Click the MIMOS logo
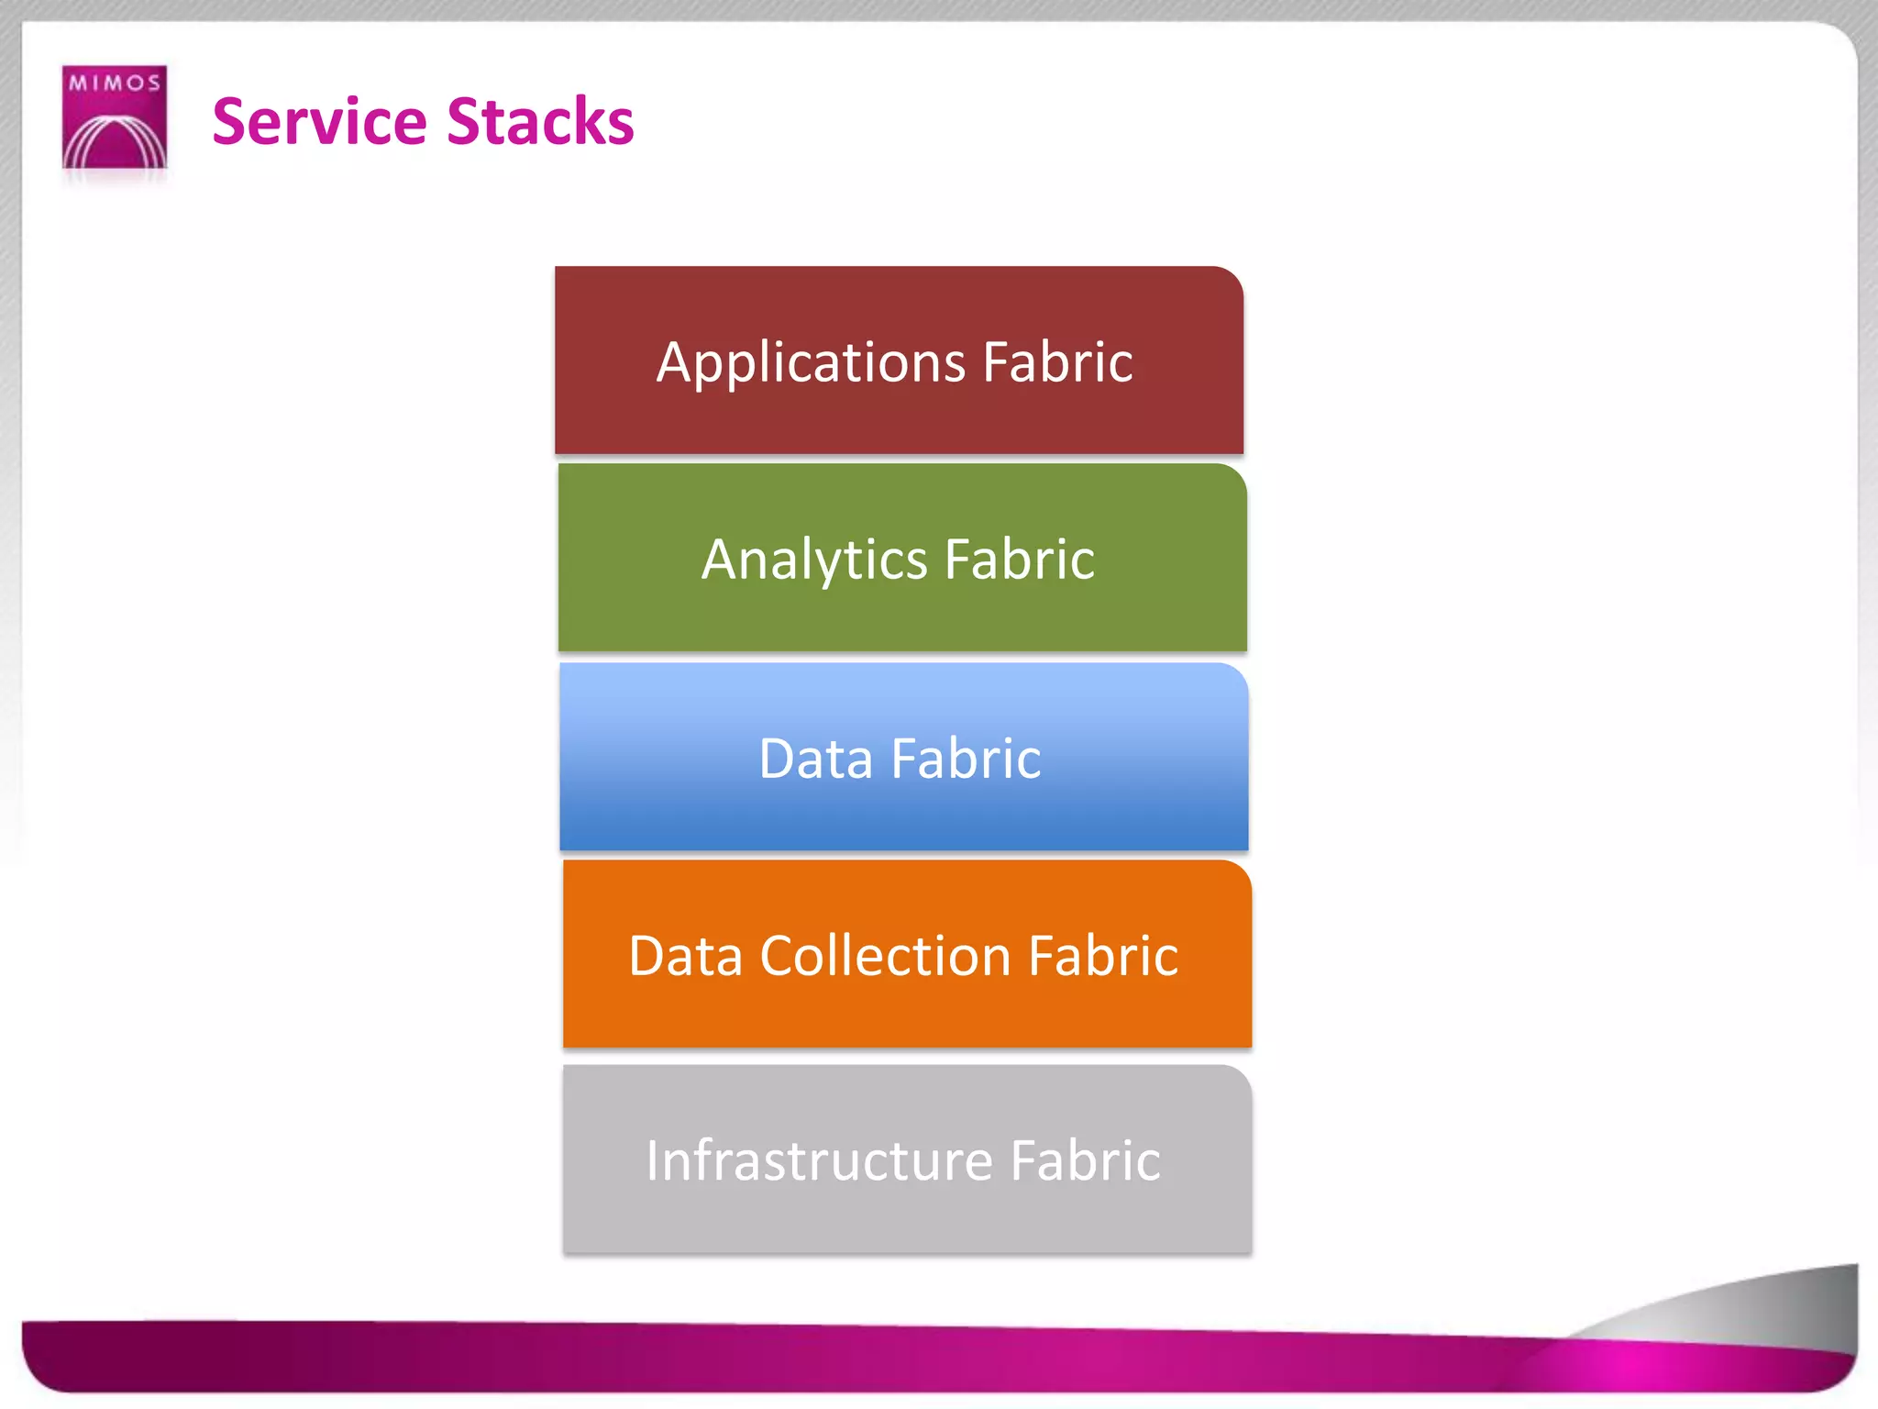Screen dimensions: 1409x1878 coord(114,116)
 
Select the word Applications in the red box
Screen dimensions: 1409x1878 coord(811,363)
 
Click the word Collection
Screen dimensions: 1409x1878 coord(885,956)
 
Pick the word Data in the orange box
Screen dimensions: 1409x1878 coord(685,956)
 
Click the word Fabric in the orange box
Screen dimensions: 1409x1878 coord(1103,956)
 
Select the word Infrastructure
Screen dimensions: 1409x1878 coord(819,1160)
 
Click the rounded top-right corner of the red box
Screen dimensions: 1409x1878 coord(1230,280)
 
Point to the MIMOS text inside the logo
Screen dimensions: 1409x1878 coord(115,83)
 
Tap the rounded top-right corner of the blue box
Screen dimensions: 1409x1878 coord(1235,676)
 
